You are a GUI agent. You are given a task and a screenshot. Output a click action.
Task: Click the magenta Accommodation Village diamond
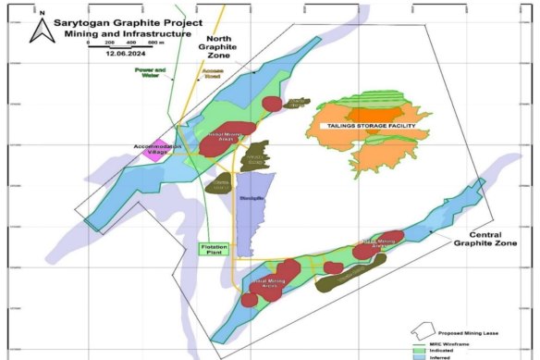[151, 153]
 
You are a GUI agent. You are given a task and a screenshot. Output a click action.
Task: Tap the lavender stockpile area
[247, 211]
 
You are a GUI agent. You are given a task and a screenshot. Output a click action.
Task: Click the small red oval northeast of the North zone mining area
[274, 104]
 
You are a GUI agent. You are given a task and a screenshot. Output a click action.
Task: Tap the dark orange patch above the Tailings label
[374, 114]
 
